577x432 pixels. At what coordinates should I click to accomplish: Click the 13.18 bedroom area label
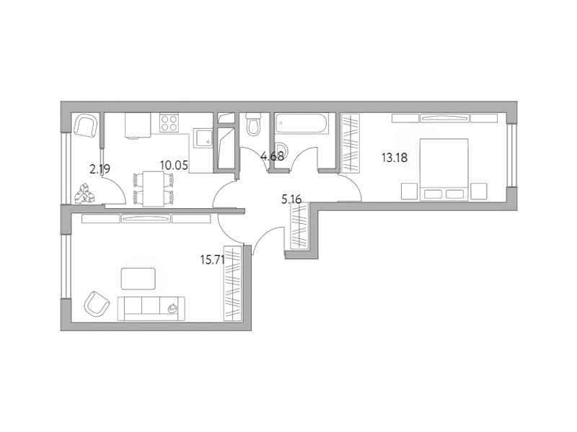coord(395,158)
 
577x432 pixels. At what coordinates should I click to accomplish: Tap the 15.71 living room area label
coord(212,260)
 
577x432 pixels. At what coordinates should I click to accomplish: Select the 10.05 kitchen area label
coord(174,166)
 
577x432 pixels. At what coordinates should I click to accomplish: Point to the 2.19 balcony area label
coord(100,169)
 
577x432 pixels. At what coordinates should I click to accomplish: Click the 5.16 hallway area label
coord(291,199)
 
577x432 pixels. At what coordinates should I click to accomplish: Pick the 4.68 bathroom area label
coord(273,156)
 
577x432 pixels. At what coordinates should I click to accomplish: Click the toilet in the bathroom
coord(253,124)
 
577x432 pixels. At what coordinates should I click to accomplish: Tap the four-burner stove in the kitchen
coord(169,123)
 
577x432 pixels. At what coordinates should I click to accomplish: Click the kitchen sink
coord(203,138)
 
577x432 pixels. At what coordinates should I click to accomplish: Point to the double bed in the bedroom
coord(444,169)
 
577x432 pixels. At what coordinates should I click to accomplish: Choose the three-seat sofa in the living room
coord(151,309)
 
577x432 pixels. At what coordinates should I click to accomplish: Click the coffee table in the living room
coord(138,279)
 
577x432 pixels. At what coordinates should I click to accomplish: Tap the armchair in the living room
coord(97,304)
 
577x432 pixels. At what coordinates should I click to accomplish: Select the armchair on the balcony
coord(86,125)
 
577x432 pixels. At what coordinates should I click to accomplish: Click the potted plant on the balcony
coord(85,193)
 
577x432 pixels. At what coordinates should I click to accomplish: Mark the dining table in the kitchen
coord(154,189)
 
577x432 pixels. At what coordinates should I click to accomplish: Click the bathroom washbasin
coord(283,153)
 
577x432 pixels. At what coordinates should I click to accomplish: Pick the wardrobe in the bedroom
coord(351,143)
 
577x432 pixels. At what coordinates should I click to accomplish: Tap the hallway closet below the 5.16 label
coord(299,226)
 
